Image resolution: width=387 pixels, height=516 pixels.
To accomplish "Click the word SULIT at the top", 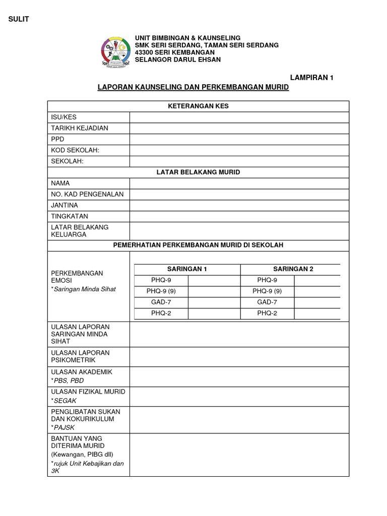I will pos(19,19).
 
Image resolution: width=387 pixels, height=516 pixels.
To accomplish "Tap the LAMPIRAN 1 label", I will pos(312,77).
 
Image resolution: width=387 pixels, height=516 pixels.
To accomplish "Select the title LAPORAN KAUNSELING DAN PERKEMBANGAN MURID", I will pos(193,87).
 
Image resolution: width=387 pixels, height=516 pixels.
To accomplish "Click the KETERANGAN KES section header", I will pos(198,106).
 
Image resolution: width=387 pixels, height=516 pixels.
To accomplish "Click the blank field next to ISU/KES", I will pos(239,117).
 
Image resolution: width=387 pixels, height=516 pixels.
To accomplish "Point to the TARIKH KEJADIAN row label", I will pos(80,128).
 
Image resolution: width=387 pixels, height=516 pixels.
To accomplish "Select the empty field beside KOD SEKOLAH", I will pos(239,150).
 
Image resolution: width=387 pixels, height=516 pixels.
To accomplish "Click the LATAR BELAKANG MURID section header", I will pos(198,172).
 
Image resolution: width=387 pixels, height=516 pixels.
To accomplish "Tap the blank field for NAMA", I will pos(239,183).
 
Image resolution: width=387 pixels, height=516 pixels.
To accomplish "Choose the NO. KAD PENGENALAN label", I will pos(87,194).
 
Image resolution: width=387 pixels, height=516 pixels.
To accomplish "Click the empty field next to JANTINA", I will pos(239,205).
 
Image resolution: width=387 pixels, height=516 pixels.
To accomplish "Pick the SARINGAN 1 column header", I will pos(187,269).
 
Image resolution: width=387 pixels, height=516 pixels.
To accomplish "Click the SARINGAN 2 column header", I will pos(293,269).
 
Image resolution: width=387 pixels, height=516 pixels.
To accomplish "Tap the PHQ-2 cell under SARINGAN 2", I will pos(267,313).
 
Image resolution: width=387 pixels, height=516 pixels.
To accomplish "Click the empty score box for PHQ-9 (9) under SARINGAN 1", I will pos(214,291).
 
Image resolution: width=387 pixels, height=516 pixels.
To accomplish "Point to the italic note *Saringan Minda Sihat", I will pos(83,289).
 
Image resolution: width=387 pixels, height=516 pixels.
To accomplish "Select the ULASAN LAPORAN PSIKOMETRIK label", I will pos(80,356).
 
